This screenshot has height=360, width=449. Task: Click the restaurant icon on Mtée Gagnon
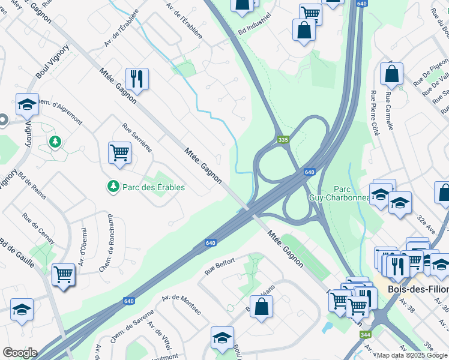[x=137, y=79]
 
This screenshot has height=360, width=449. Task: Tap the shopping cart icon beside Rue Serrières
[x=119, y=153]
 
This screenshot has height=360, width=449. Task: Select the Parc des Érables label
[x=153, y=187]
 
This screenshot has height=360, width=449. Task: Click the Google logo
[x=19, y=353]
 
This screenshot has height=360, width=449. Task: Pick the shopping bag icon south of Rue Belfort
[x=261, y=307]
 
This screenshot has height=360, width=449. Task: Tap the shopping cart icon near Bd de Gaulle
[x=63, y=275]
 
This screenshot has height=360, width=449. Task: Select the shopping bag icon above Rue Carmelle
[x=391, y=74]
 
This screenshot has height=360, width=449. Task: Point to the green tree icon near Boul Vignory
[x=55, y=142]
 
